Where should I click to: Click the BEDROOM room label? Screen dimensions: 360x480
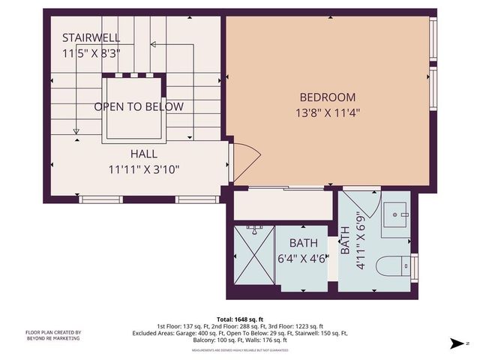[327, 97]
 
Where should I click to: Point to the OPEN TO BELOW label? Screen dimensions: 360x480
[138, 106]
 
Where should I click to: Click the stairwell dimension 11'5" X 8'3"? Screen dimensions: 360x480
[91, 53]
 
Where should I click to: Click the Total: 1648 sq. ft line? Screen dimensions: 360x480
[239, 319]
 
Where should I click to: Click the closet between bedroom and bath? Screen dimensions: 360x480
[283, 205]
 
